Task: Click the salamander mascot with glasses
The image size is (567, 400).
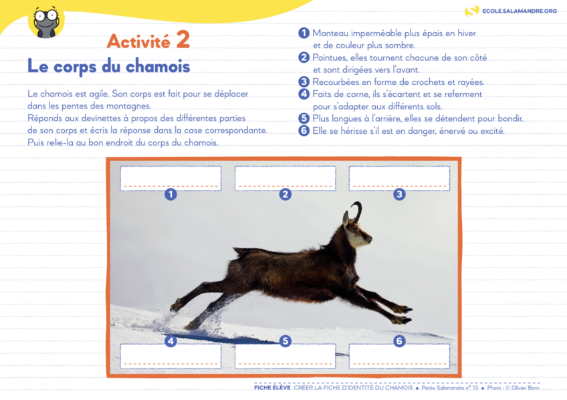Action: [45, 22]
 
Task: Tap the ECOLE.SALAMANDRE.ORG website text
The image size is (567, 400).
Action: [520, 11]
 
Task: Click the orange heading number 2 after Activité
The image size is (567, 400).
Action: [183, 40]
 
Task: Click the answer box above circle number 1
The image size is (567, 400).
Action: [171, 178]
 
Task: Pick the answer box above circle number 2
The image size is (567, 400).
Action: [285, 178]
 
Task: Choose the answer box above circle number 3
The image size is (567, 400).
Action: [399, 178]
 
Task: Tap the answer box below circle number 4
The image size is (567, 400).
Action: [171, 356]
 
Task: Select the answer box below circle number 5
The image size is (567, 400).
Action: [285, 356]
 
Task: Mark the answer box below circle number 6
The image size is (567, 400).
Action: [399, 356]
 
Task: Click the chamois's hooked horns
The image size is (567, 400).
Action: [358, 210]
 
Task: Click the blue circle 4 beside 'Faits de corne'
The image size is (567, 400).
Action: [304, 94]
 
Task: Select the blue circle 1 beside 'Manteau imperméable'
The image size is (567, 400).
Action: [304, 33]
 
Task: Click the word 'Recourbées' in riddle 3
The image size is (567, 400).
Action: [337, 82]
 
